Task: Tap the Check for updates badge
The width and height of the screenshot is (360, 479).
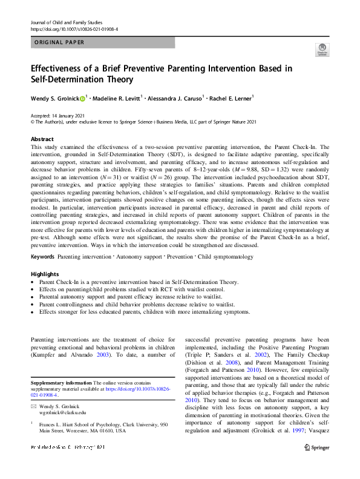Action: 323,50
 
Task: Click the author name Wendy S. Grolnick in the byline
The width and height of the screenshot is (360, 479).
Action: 53,98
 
